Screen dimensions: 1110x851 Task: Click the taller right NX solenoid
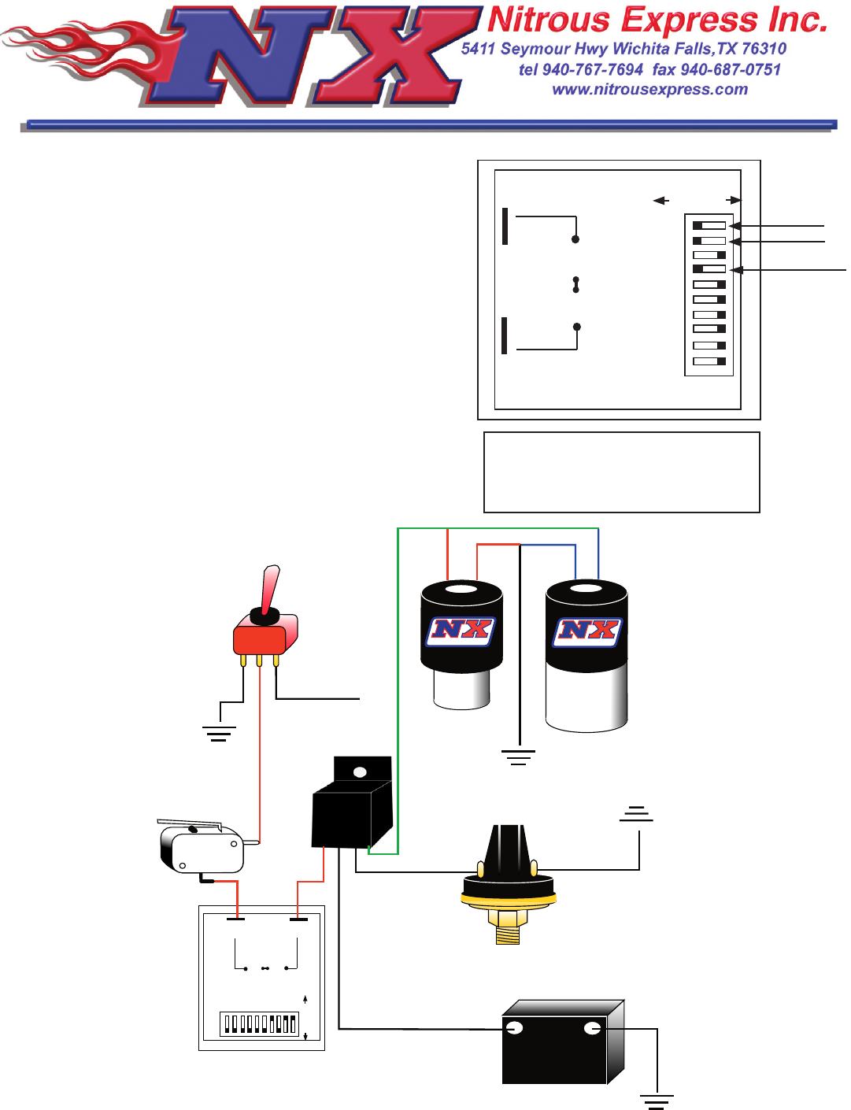(586, 653)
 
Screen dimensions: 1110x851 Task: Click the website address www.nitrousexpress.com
(649, 90)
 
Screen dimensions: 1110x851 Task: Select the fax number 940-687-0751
(731, 70)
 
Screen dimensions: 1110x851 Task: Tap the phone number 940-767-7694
(593, 70)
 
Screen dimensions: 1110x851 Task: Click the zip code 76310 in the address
(764, 49)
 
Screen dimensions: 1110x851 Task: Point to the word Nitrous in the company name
(549, 20)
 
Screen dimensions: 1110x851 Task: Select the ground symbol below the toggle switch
(219, 734)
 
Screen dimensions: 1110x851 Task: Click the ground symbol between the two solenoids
(518, 757)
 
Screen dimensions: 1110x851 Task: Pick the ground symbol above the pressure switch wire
(636, 814)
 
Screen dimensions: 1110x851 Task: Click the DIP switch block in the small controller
(259, 1023)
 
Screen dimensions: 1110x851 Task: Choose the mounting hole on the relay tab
(360, 772)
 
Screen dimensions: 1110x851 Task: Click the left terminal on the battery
(515, 1028)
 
